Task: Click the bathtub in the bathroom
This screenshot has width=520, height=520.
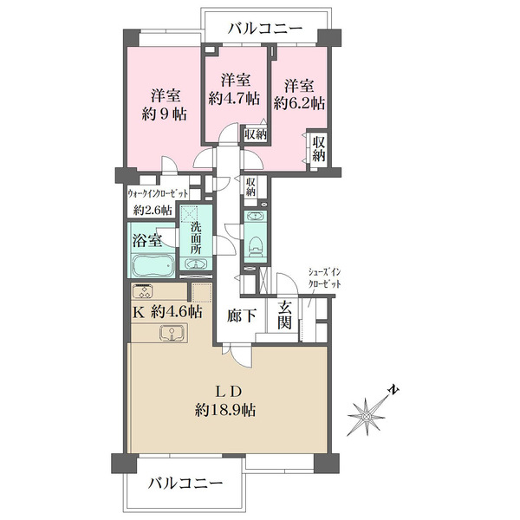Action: coord(153,263)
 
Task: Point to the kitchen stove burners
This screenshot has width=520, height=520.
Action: coord(144,291)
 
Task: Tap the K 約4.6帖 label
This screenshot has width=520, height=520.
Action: coord(166,311)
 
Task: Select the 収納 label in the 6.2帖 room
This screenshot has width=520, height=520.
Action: coord(318,148)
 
